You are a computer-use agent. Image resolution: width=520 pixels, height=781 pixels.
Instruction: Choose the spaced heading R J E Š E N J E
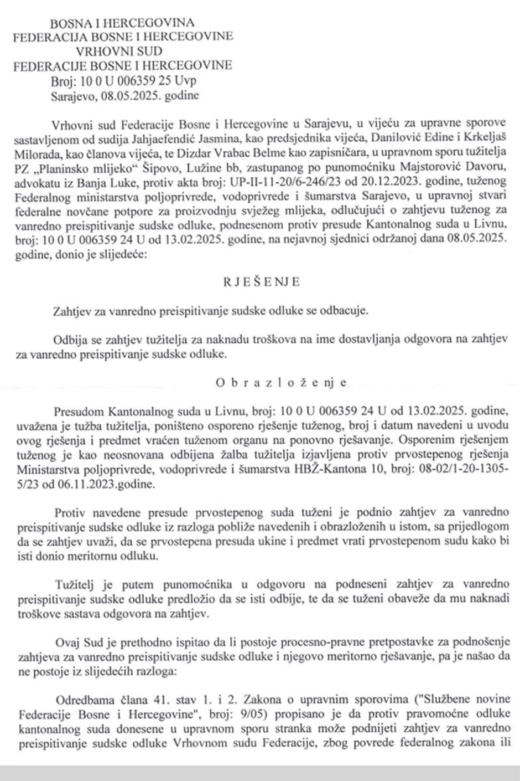[261, 282]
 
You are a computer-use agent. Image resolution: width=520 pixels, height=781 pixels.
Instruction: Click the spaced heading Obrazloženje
[282, 382]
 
